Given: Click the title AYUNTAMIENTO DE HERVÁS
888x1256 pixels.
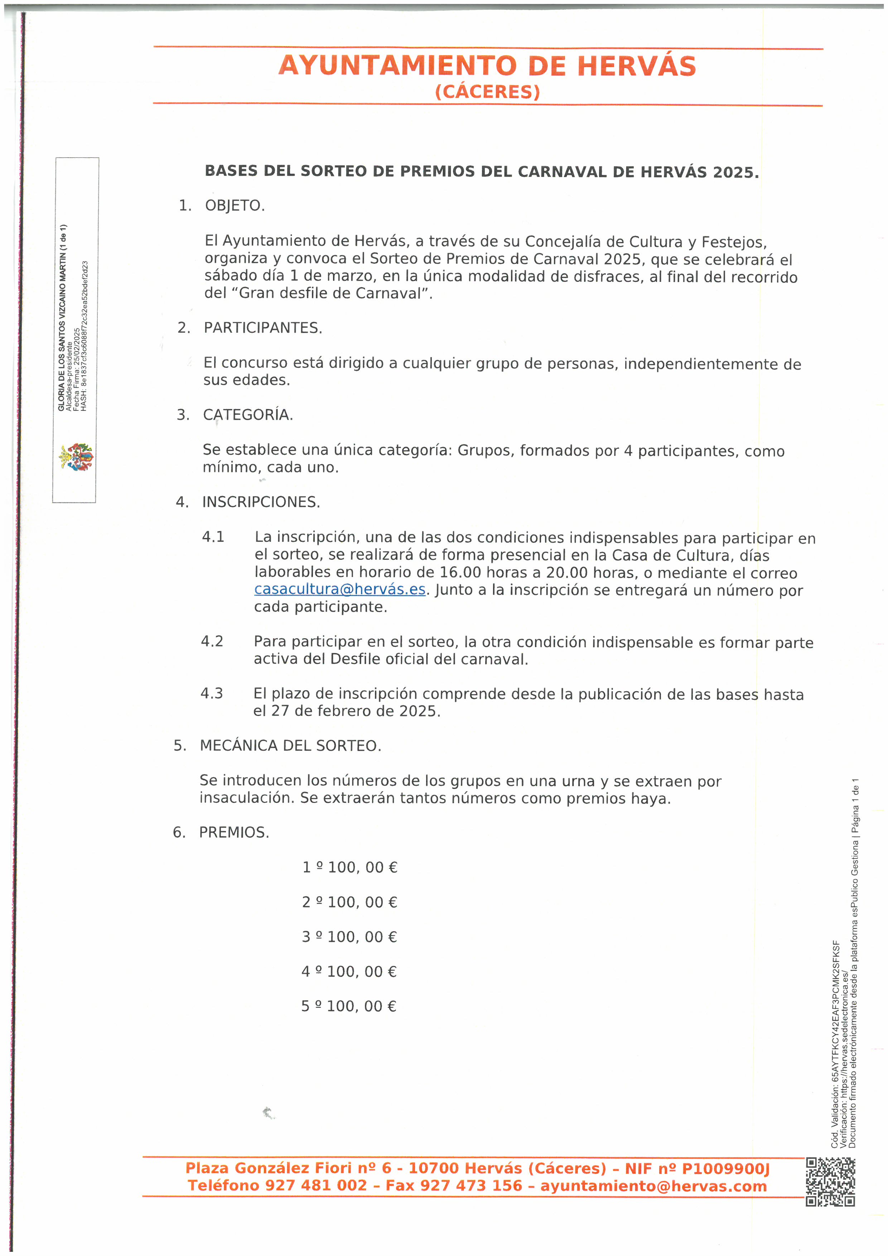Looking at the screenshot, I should click(487, 66).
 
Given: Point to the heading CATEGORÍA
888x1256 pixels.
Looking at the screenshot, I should click(248, 415).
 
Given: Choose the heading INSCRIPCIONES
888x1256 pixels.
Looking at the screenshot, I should click(261, 502).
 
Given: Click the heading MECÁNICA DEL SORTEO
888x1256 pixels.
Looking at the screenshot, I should click(290, 746).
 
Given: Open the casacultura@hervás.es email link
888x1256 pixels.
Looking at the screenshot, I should click(339, 590).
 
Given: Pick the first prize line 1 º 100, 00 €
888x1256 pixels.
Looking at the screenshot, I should click(350, 867).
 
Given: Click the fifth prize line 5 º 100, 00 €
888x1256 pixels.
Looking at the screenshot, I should click(349, 1006).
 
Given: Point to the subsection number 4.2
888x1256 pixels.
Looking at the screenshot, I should click(212, 641).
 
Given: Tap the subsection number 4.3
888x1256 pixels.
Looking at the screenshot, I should click(212, 693).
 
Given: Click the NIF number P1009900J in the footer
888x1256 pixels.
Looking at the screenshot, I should click(725, 1169).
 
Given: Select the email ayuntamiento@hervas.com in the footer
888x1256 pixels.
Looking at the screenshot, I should click(653, 1186).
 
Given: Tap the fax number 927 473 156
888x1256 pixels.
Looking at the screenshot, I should click(473, 1186).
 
